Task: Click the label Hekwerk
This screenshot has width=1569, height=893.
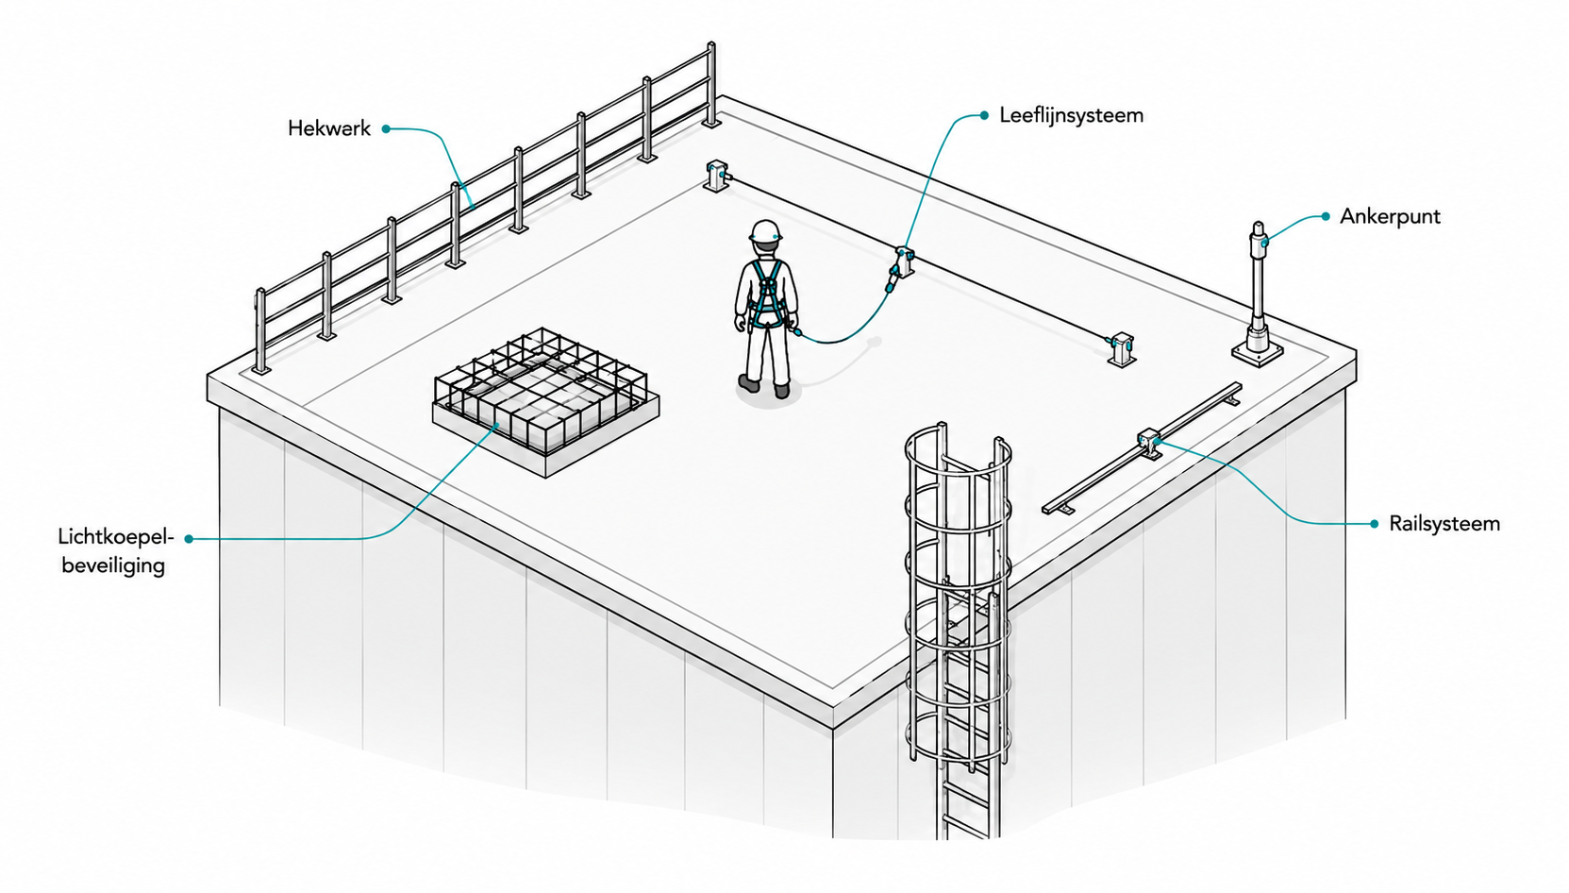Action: pyautogui.click(x=328, y=129)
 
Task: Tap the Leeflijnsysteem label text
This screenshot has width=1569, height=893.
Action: pyautogui.click(x=1071, y=116)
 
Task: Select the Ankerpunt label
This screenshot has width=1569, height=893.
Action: pyautogui.click(x=1390, y=216)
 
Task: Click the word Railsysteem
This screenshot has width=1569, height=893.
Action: pyautogui.click(x=1444, y=524)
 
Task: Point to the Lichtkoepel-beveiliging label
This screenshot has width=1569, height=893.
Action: pyautogui.click(x=115, y=551)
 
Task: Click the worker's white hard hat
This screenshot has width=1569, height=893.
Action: pyautogui.click(x=765, y=231)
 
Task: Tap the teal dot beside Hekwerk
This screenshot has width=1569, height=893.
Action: pyautogui.click(x=386, y=129)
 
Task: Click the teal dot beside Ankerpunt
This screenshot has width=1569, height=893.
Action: pyautogui.click(x=1326, y=216)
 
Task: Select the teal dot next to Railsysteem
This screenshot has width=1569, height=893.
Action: pyautogui.click(x=1375, y=524)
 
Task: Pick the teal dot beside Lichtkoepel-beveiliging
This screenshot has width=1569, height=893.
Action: pyautogui.click(x=189, y=538)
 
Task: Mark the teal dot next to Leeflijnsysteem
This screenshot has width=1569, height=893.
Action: pyautogui.click(x=984, y=116)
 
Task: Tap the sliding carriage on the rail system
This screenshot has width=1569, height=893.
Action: pyautogui.click(x=1149, y=442)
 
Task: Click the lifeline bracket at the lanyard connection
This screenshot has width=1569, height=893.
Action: pyautogui.click(x=905, y=261)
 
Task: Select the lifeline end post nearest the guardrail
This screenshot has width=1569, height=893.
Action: pyautogui.click(x=716, y=176)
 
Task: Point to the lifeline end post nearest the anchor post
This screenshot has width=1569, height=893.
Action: pyautogui.click(x=1121, y=349)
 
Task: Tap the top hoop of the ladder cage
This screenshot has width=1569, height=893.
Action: pyautogui.click(x=959, y=448)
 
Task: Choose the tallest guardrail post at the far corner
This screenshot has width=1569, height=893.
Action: pyautogui.click(x=711, y=85)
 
